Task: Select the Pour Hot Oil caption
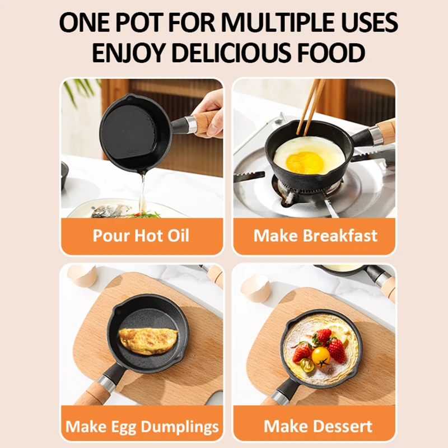tap(141, 236)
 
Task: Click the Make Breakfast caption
tap(315, 236)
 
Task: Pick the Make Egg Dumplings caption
tap(142, 427)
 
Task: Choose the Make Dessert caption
tap(318, 426)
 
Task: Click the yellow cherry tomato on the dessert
tap(321, 357)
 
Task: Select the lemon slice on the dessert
tap(338, 332)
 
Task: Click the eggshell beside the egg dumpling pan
tap(82, 276)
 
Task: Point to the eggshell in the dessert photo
tap(255, 289)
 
